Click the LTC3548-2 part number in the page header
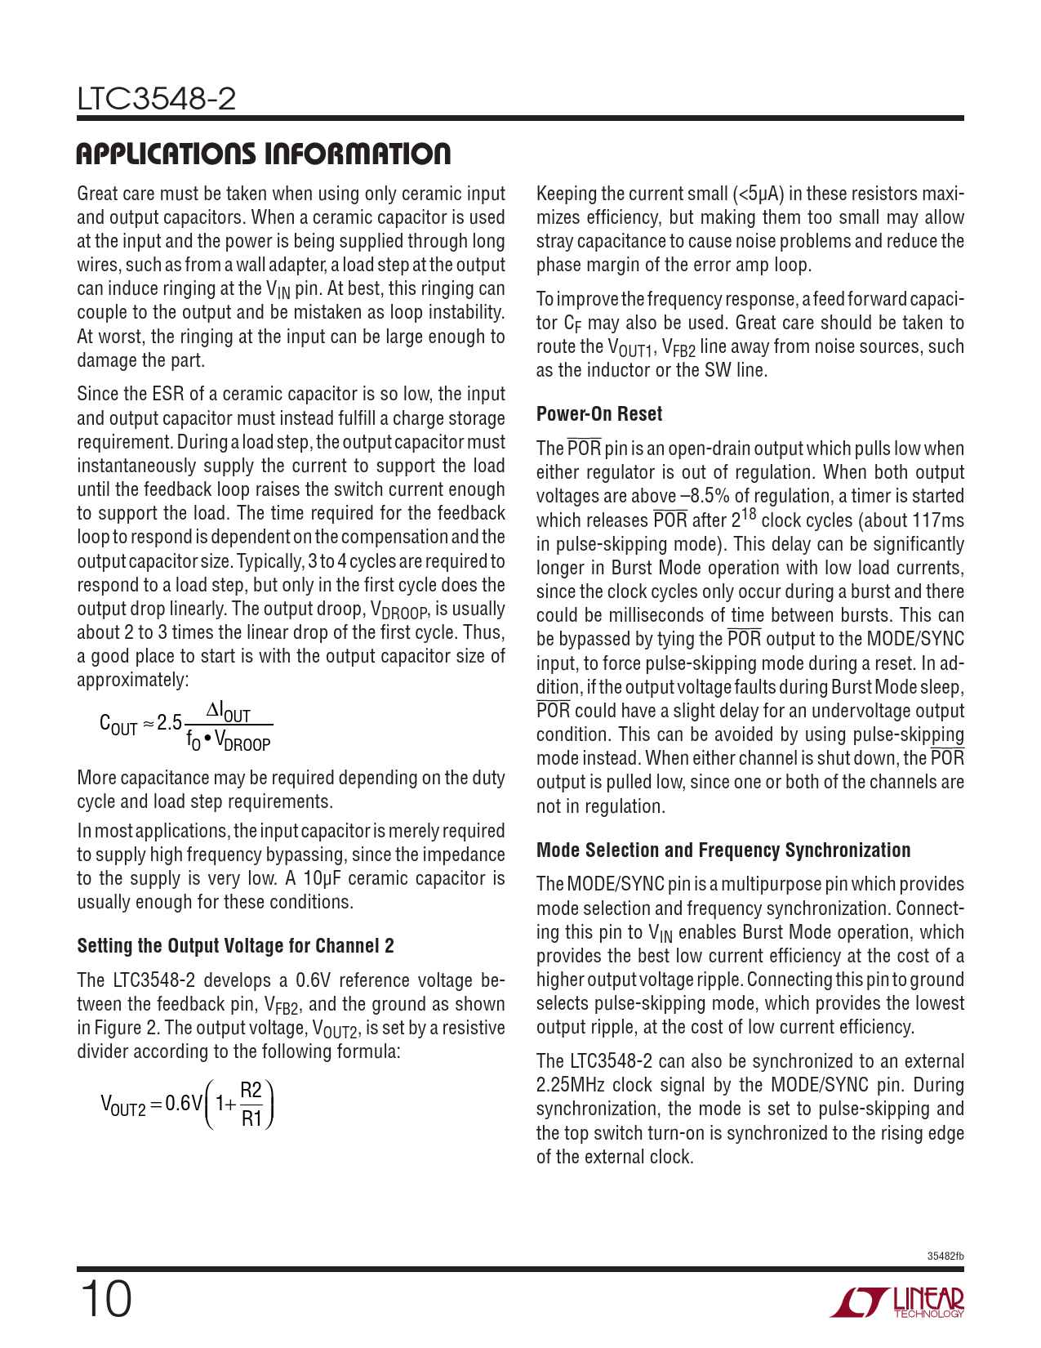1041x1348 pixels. [156, 100]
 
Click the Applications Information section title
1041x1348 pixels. [263, 154]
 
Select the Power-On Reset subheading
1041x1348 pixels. [598, 414]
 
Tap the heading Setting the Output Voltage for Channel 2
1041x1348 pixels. [235, 946]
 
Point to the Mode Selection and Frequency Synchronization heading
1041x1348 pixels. [723, 850]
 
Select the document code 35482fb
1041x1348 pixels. [945, 1256]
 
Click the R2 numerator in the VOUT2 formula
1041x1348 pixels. [251, 1091]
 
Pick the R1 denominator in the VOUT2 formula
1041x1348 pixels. [251, 1118]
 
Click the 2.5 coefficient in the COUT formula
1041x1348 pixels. [170, 723]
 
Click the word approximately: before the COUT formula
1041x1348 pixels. [132, 681]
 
